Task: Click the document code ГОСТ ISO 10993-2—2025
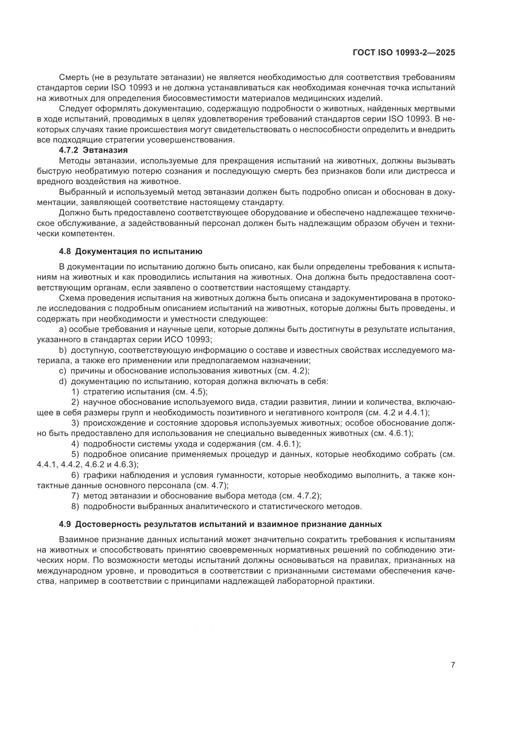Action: (x=404, y=53)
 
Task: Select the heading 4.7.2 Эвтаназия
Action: (x=93, y=150)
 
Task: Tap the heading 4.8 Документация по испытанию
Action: (x=131, y=252)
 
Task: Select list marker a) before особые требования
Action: (x=63, y=329)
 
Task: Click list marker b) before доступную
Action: (x=63, y=350)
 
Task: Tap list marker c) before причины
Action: (x=63, y=371)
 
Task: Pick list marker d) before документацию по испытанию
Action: (x=63, y=381)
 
